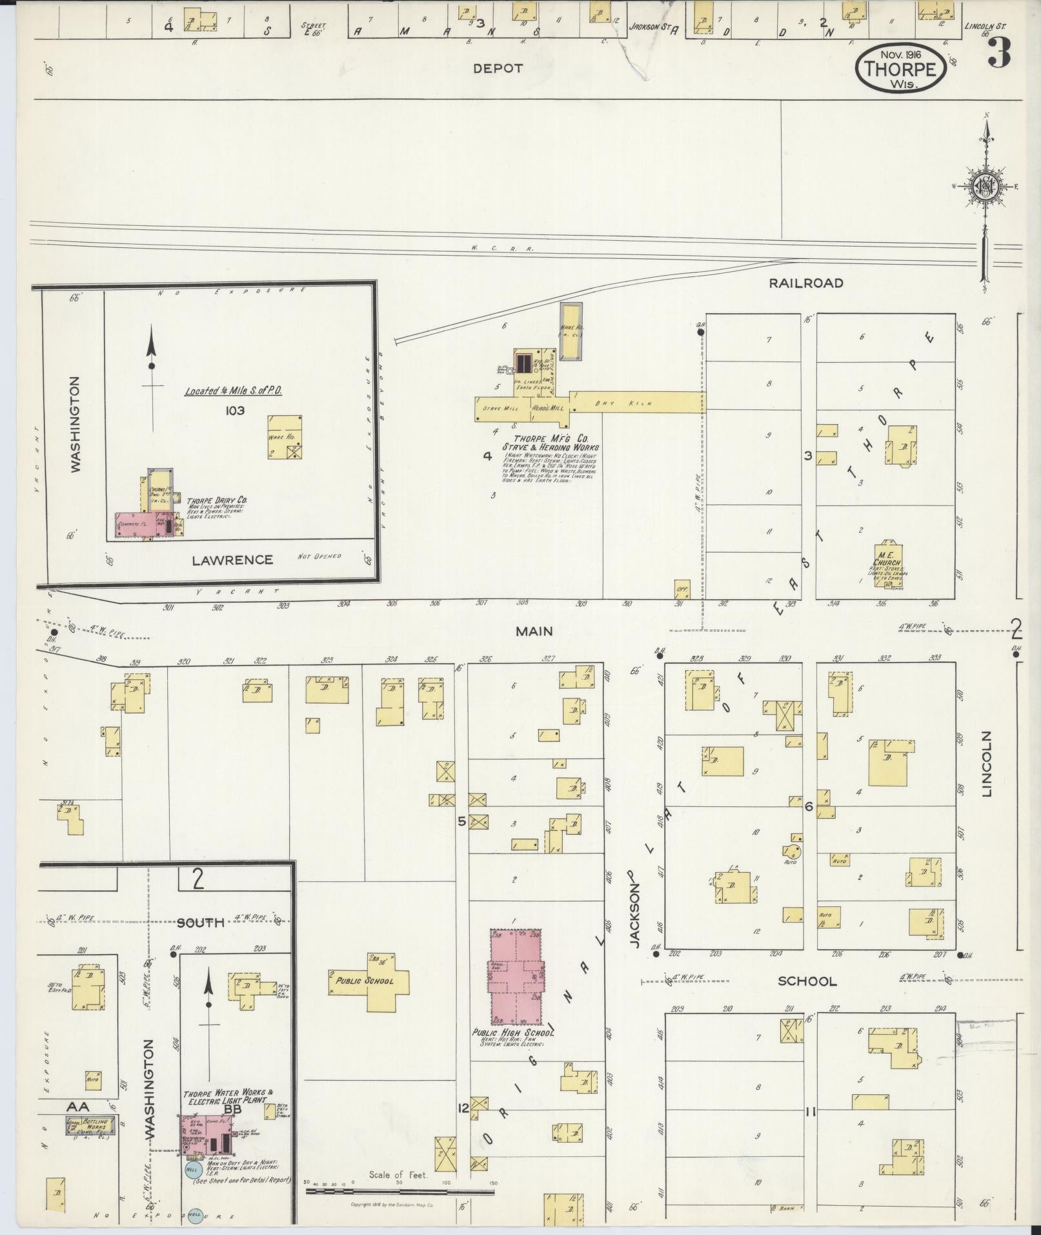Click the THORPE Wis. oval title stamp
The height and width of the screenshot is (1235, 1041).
pos(901,69)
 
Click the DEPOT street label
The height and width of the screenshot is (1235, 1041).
pos(497,68)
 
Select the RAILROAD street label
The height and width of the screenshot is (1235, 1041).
pos(806,283)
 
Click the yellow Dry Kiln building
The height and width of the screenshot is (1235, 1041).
pos(638,403)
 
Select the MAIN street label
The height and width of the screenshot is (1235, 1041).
pos(534,631)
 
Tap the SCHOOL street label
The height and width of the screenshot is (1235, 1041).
pos(807,999)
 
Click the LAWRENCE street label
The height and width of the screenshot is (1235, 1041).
pos(232,560)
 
